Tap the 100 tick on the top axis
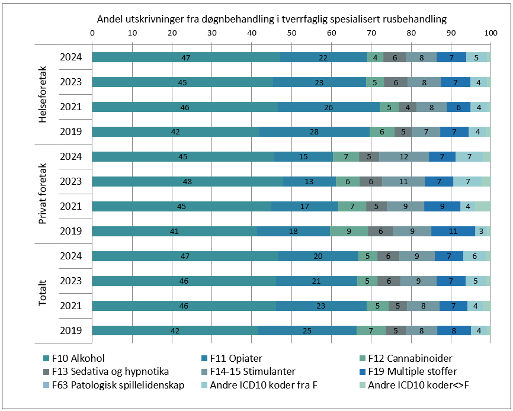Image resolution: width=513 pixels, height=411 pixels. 490,33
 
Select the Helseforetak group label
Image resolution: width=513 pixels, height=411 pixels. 43,94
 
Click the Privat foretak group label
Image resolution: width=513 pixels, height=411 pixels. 43,194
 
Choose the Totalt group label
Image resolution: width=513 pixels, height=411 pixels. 43,293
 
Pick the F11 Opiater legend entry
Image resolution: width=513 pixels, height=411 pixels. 232,358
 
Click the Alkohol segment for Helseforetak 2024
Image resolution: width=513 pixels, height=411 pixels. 186,57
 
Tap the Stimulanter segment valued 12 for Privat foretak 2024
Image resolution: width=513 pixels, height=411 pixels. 404,157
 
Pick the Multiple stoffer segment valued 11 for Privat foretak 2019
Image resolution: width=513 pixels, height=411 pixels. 453,232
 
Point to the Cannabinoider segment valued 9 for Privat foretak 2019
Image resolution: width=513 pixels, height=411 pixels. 349,232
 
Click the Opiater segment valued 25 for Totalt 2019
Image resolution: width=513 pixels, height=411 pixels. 307,331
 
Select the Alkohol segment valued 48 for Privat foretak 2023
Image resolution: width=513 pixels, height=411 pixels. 188,182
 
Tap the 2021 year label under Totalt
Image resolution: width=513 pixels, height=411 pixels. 70,306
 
